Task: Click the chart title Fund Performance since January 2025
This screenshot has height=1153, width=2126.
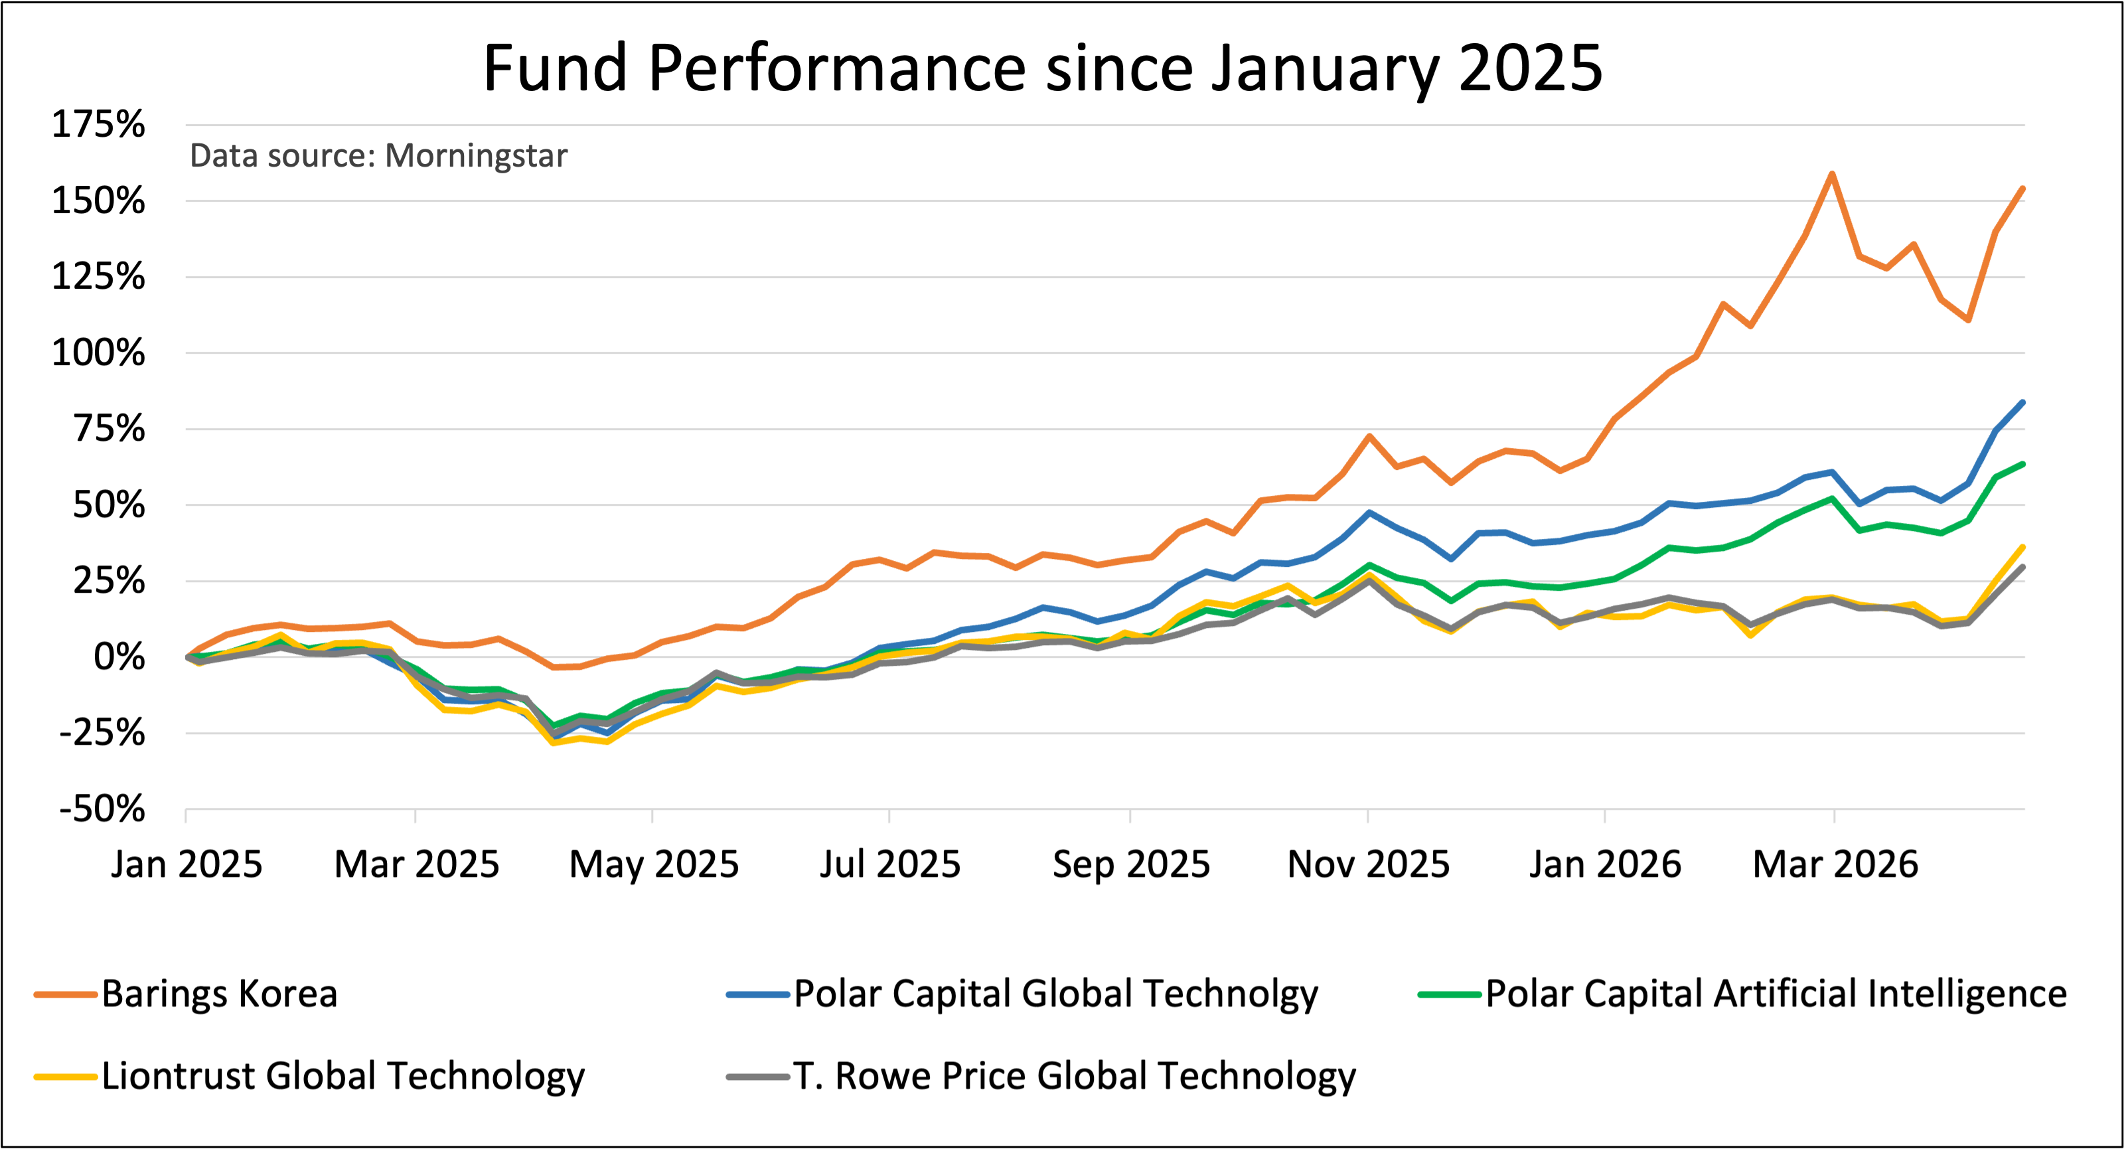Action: tap(1042, 68)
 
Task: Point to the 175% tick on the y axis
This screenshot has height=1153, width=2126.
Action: tap(98, 125)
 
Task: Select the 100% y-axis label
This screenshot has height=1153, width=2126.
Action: tap(98, 353)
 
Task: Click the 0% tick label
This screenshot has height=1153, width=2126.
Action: tap(119, 658)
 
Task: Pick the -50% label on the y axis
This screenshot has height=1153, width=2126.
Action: tap(102, 810)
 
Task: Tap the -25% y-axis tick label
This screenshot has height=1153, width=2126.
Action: tap(102, 733)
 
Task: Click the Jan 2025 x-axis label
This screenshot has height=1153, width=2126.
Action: tap(187, 864)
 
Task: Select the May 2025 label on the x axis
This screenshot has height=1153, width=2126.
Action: tap(654, 864)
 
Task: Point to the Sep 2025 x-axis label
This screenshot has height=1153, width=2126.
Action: tap(1130, 864)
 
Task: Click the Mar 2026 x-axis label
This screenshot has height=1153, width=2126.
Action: tap(1835, 864)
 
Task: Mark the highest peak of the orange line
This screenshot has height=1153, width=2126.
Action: tap(1832, 173)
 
